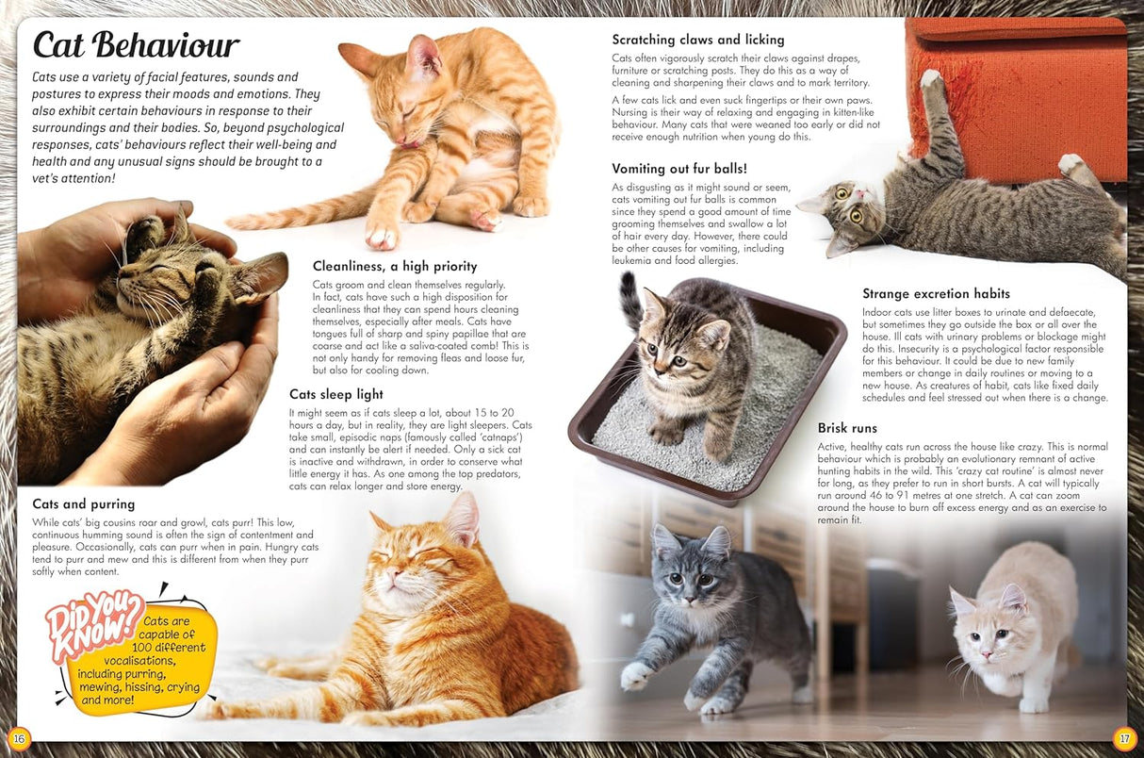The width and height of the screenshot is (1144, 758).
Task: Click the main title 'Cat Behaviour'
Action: pyautogui.click(x=136, y=44)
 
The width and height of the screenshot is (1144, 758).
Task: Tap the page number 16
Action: pyautogui.click(x=19, y=736)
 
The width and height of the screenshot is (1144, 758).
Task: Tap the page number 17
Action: pyautogui.click(x=1123, y=736)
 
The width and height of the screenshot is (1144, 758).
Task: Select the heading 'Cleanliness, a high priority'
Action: pyautogui.click(x=395, y=267)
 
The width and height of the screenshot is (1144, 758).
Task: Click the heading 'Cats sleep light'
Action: pyautogui.click(x=336, y=395)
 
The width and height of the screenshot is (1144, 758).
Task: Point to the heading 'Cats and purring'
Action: pyautogui.click(x=84, y=504)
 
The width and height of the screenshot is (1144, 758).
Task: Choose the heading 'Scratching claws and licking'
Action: pyautogui.click(x=698, y=40)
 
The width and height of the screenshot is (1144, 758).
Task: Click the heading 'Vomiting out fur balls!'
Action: pyautogui.click(x=679, y=169)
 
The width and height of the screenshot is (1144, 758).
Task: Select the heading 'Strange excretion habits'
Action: pyautogui.click(x=936, y=294)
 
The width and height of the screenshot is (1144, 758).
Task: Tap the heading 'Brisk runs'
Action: pyautogui.click(x=847, y=428)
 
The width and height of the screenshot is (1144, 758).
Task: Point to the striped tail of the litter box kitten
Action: pyautogui.click(x=629, y=300)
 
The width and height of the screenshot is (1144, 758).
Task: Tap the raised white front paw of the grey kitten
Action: pyautogui.click(x=636, y=676)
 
